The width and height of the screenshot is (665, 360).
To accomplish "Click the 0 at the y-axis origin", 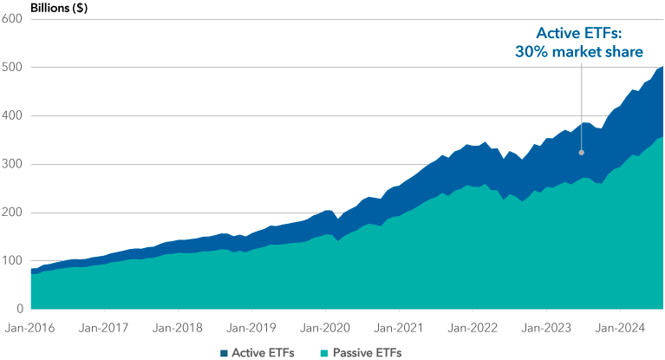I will click(x=17, y=309).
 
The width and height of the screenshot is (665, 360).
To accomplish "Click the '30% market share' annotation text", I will click(x=579, y=52).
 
